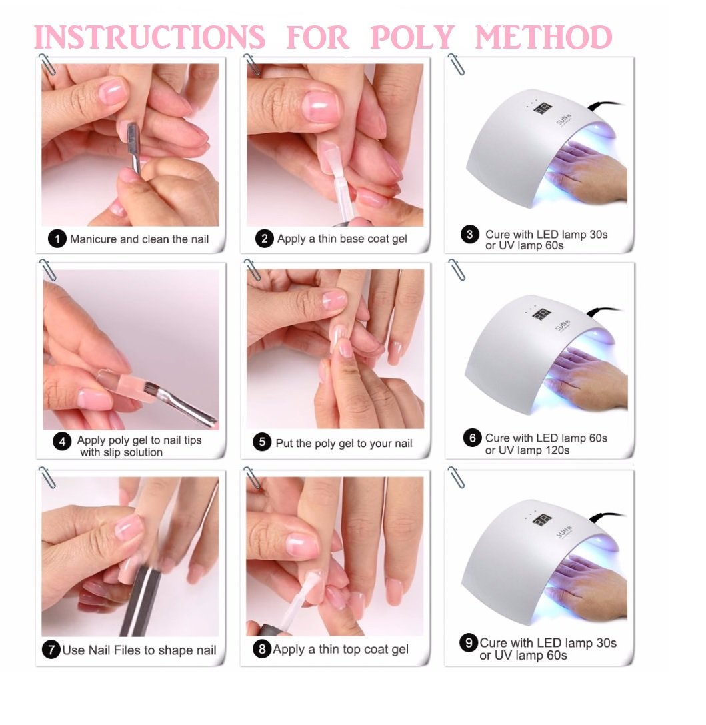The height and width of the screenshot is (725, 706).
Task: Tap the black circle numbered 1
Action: [57, 239]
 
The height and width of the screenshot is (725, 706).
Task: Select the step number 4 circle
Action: [63, 442]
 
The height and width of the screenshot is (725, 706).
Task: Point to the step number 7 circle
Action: [51, 650]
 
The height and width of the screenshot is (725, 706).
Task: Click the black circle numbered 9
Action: [469, 643]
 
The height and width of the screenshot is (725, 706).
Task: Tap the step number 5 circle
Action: [262, 442]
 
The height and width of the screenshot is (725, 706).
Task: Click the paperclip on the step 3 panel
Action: [456, 64]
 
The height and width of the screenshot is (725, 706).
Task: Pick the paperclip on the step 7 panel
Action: [47, 477]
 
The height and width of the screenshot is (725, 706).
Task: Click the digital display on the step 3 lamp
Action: [543, 109]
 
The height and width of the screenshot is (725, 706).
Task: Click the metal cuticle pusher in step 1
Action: [133, 148]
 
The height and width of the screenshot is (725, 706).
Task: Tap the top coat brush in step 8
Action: [296, 601]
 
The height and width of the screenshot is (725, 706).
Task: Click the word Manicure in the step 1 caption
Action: [93, 239]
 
